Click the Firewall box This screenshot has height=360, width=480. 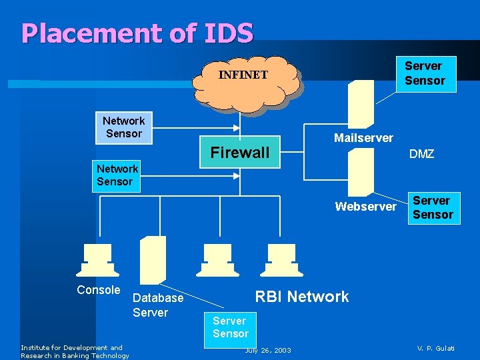coord(240,153)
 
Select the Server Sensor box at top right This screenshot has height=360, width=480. coord(424,74)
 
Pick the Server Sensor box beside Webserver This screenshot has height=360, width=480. coord(433,208)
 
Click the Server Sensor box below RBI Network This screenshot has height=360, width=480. coord(230,327)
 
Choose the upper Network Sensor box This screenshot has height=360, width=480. coord(123,127)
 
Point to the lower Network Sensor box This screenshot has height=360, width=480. coord(116,175)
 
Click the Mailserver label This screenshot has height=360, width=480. coord(363,138)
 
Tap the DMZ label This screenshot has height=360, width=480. coord(421,154)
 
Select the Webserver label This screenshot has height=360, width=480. coord(365,207)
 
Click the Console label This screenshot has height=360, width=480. coord(99,290)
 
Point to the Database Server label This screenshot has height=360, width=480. coord(157,305)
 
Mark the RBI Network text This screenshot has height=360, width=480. coord(302,297)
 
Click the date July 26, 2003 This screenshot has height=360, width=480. coord(268,350)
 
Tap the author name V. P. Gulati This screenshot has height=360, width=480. coord(436,349)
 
